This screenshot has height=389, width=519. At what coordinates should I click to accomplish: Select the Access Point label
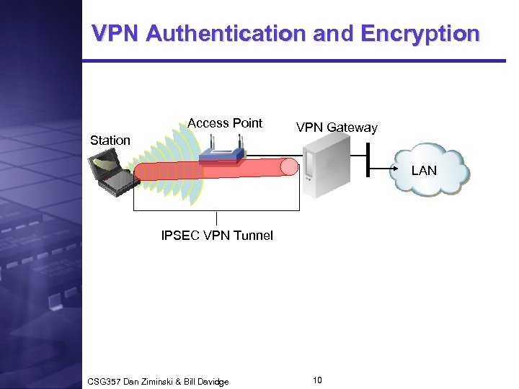tap(225, 123)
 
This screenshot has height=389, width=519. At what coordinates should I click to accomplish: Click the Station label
tap(110, 140)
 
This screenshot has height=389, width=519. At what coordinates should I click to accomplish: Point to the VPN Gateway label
tap(337, 128)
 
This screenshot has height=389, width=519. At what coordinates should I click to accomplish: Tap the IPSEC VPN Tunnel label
tap(217, 236)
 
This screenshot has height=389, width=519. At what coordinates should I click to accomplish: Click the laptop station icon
tap(115, 176)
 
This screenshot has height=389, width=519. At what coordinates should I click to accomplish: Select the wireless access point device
tap(221, 153)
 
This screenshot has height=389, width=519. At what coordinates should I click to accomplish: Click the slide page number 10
tap(318, 380)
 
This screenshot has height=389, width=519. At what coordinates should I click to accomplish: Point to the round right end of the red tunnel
tap(289, 168)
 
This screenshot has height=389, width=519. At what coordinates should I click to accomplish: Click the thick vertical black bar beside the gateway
tap(368, 158)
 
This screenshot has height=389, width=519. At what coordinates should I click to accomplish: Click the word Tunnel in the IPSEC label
tap(254, 236)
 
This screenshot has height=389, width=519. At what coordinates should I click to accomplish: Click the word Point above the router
tap(247, 123)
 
